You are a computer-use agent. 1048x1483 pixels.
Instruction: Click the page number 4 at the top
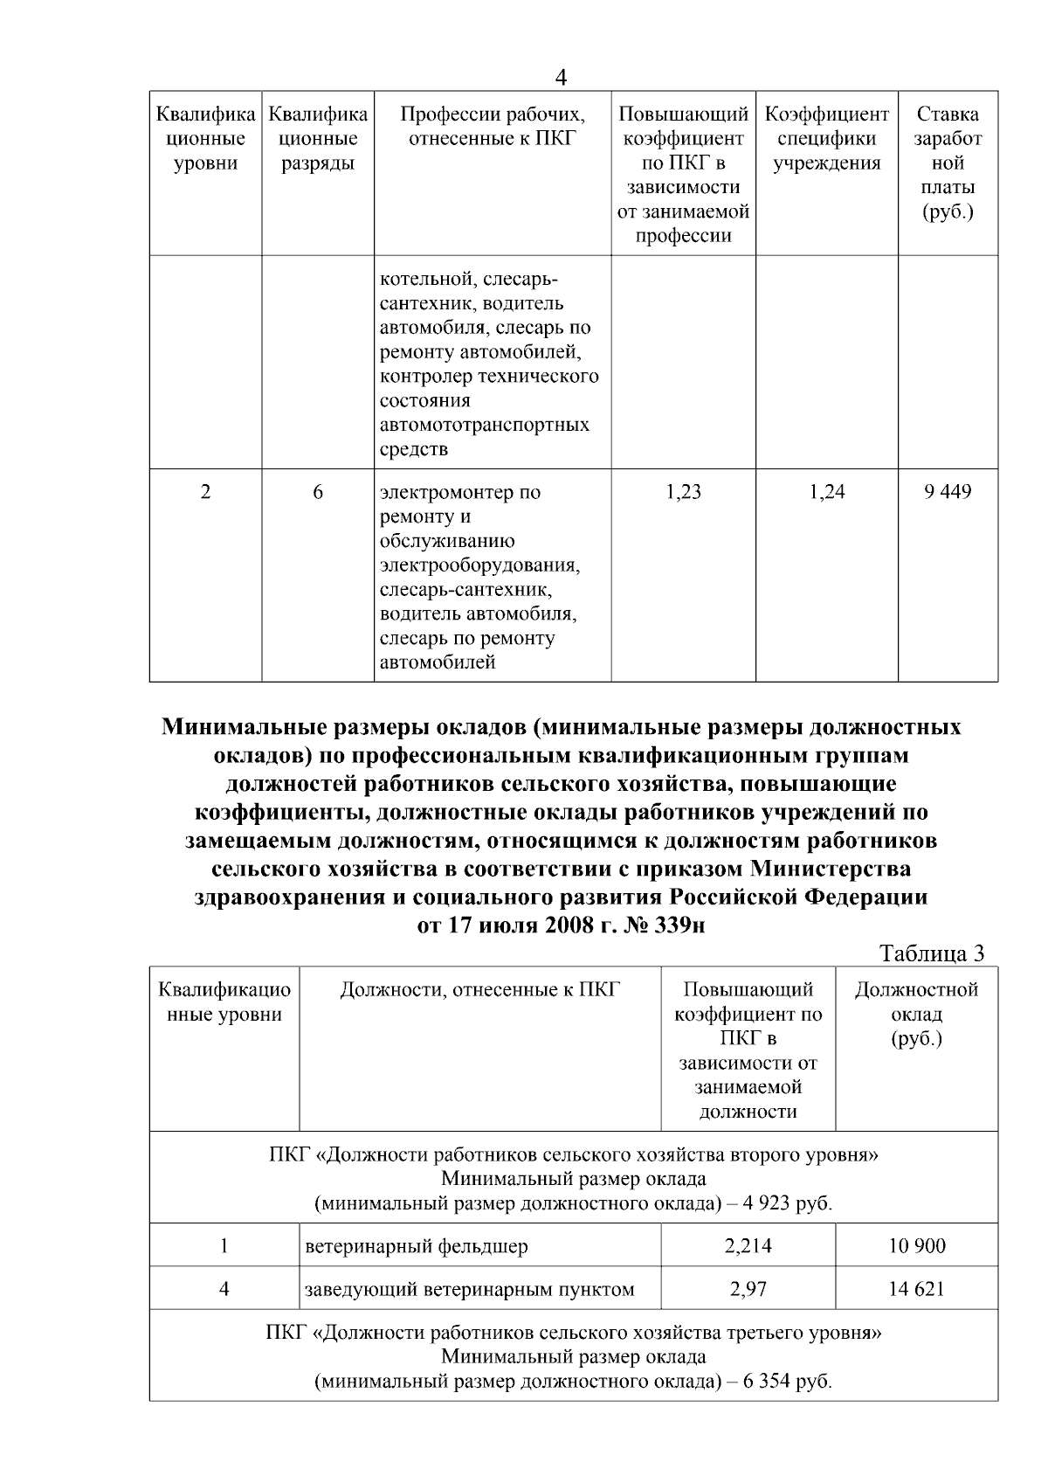coord(561,78)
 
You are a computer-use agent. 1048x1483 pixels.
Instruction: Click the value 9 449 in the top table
coord(948,492)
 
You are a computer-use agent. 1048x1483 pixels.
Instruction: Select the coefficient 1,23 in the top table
coord(683,492)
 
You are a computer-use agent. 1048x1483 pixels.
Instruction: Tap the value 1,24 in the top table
coord(826,492)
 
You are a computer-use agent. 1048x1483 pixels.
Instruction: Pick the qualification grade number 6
coord(318,492)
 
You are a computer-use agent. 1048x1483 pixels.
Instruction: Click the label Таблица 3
coord(931,953)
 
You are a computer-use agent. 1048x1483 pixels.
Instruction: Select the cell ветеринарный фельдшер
coord(417,1246)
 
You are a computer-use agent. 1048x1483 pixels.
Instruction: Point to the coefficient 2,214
coord(748,1246)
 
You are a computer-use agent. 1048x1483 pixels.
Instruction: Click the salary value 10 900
coord(917,1246)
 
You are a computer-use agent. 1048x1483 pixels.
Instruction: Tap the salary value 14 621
coord(917,1289)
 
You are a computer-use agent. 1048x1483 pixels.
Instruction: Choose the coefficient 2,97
coord(748,1289)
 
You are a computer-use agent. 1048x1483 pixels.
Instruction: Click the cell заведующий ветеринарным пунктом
coord(470,1289)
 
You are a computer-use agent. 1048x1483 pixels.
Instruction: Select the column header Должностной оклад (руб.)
coord(916,1015)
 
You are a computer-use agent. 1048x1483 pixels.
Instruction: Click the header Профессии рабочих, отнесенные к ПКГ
coord(493,127)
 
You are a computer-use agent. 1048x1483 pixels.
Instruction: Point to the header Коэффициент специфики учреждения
coord(826,139)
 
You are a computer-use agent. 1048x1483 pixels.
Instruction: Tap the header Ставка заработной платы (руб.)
coord(948,163)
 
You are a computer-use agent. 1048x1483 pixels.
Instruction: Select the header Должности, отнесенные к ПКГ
coord(479,990)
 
